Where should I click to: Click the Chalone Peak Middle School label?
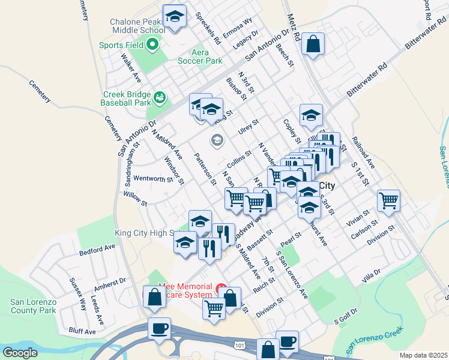[137, 26]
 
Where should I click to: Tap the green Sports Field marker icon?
[152, 44]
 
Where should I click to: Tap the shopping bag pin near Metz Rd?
[313, 44]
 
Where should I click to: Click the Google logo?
[20, 352]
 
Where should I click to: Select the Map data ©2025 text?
[423, 355]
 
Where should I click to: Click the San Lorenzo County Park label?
[34, 305]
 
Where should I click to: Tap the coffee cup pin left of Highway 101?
[160, 328]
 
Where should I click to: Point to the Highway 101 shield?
[240, 346]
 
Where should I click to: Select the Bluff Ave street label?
[82, 331]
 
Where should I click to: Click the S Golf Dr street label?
[345, 315]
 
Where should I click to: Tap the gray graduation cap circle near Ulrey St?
[217, 140]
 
